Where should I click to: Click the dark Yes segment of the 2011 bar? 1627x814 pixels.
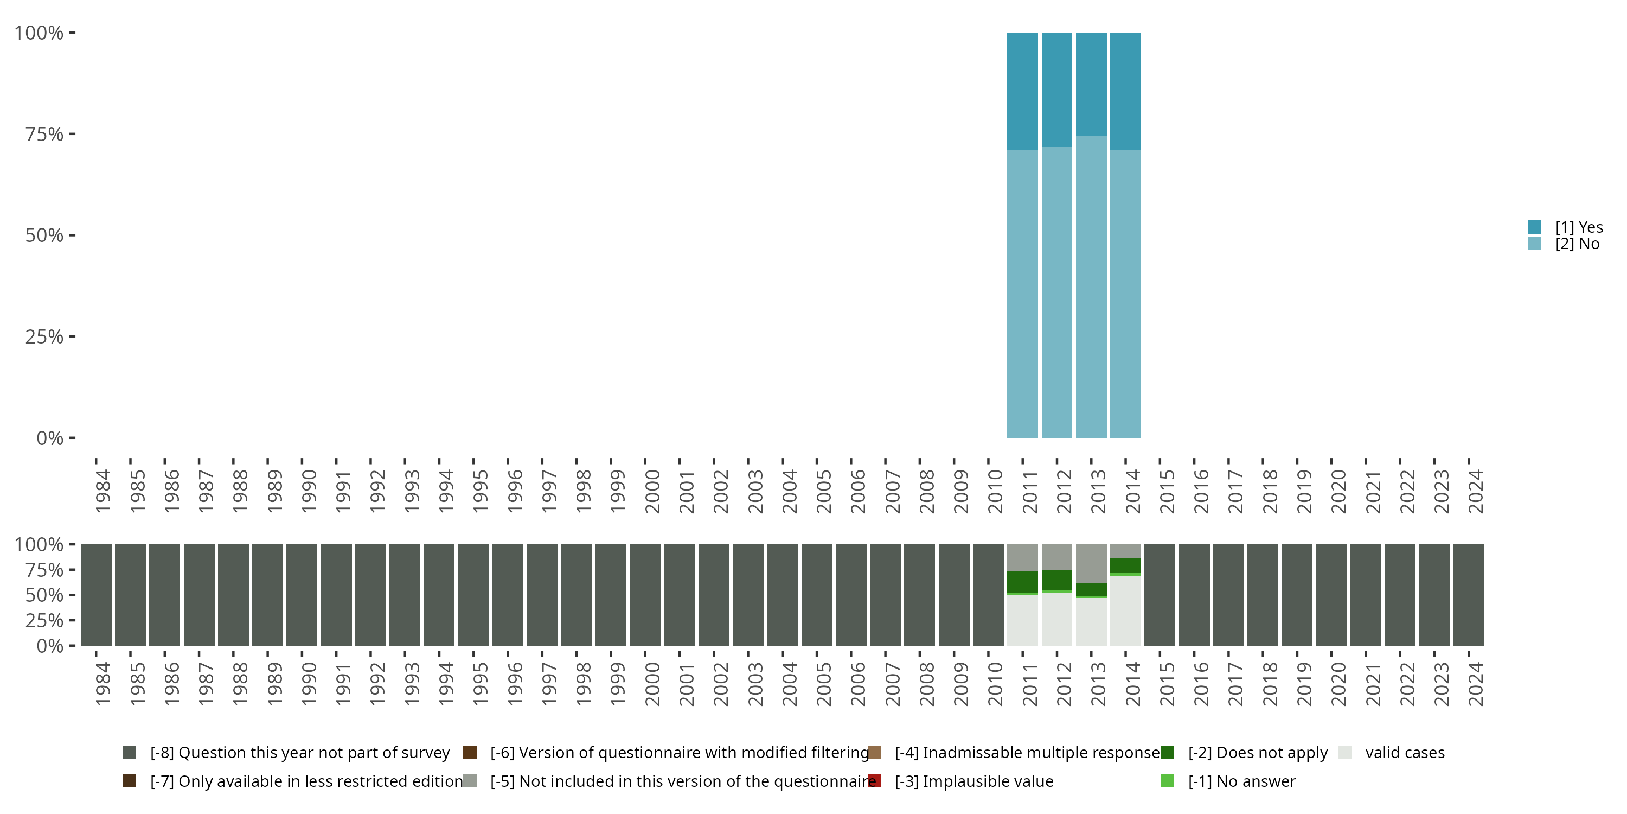point(1022,91)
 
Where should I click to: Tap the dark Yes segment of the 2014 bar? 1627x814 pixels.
point(1125,91)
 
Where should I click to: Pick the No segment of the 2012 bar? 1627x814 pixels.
point(1056,292)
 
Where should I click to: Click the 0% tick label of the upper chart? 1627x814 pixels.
point(49,438)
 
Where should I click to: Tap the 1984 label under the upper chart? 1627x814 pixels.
point(103,491)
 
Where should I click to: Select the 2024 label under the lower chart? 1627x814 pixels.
point(1475,684)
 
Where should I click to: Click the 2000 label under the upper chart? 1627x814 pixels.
point(652,491)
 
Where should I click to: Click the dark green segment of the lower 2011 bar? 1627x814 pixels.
point(1022,581)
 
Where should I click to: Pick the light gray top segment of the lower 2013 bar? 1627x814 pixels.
point(1091,562)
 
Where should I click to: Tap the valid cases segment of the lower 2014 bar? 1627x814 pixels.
point(1125,610)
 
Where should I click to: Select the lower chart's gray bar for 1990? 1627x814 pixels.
point(302,595)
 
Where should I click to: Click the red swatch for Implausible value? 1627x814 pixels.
point(874,781)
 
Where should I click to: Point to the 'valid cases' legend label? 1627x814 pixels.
point(1405,753)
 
